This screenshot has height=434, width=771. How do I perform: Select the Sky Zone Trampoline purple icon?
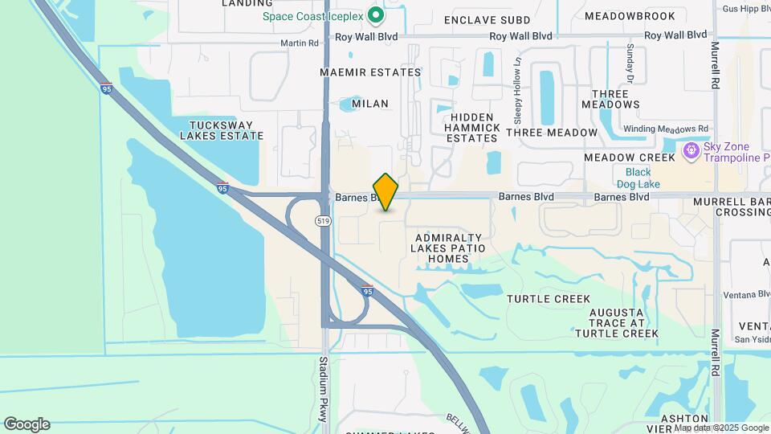pyautogui.click(x=689, y=151)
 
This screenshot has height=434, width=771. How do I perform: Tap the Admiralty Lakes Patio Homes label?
pyautogui.click(x=448, y=248)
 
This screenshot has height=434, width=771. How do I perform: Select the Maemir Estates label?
pyautogui.click(x=370, y=72)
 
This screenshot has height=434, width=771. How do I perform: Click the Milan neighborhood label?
pyautogui.click(x=369, y=104)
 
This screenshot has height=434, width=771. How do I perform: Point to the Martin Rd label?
pyautogui.click(x=300, y=43)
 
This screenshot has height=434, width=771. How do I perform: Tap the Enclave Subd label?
pyautogui.click(x=487, y=19)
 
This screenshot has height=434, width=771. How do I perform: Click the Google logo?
pyautogui.click(x=27, y=424)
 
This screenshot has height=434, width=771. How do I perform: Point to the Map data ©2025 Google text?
pyautogui.click(x=721, y=428)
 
